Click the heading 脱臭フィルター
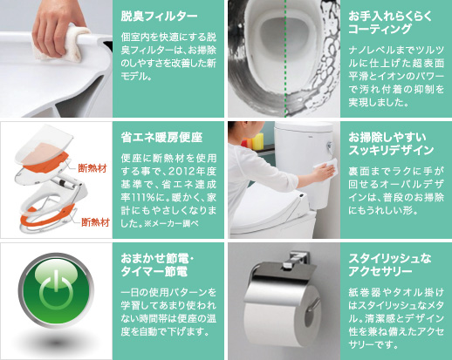159,17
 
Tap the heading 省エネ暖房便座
161,138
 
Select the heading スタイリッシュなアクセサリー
390,265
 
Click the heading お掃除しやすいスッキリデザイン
391,144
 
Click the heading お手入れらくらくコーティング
390,23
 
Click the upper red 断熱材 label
92,168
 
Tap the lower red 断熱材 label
95,222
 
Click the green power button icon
56,290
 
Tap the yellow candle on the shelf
257,141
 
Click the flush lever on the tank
330,146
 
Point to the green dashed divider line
285,58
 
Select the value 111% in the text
141,198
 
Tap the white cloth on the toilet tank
325,167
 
